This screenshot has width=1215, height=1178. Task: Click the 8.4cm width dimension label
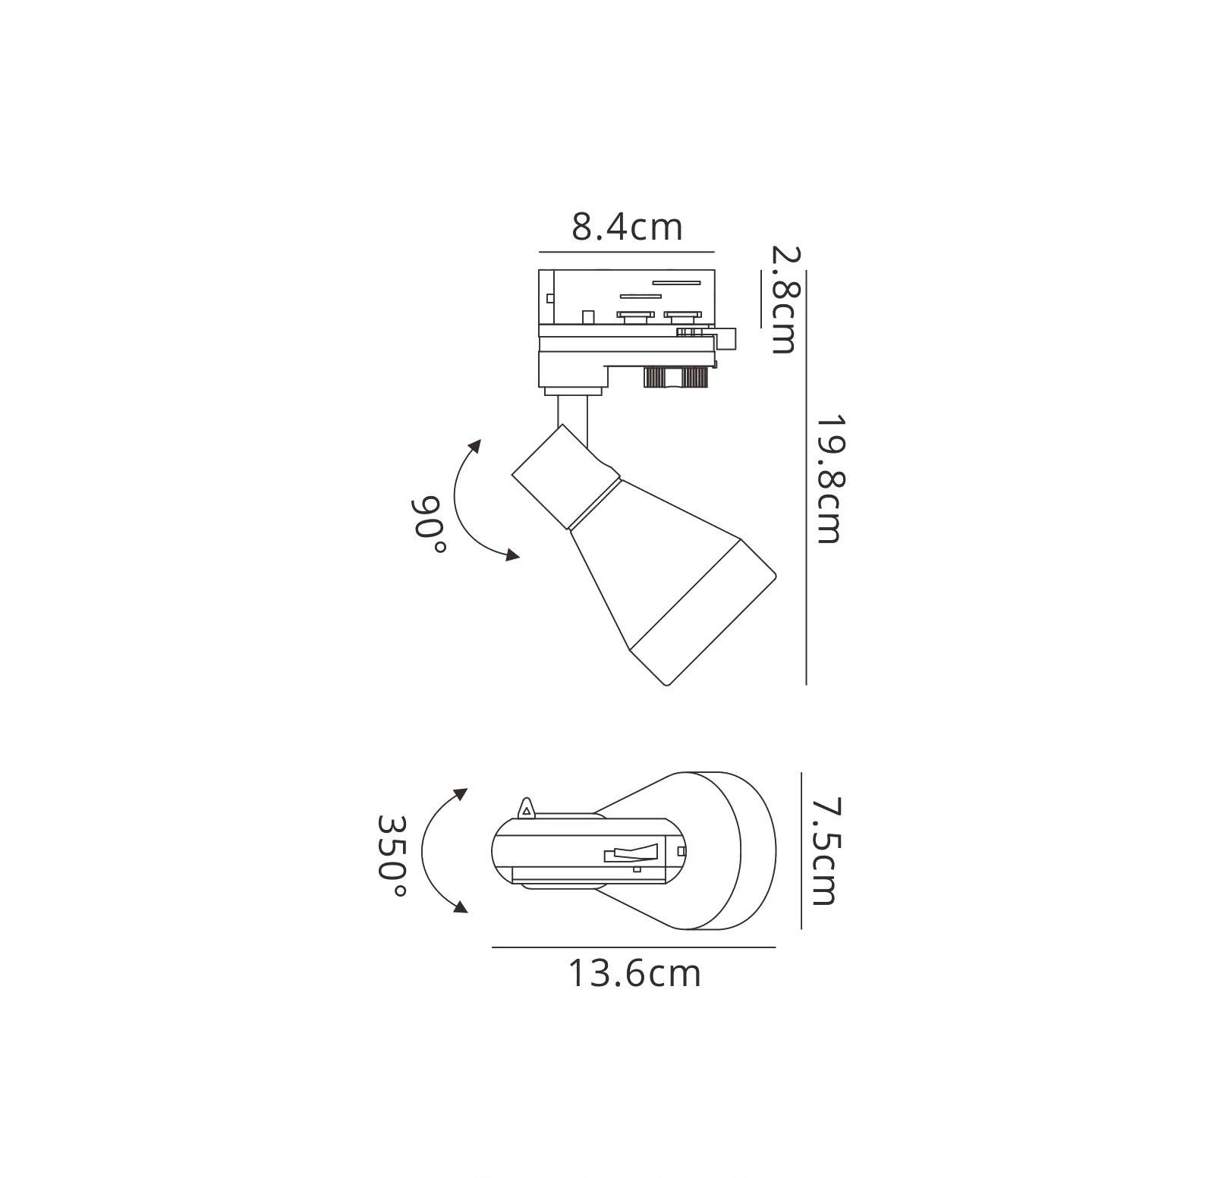627,226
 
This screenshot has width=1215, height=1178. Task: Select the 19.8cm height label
829,479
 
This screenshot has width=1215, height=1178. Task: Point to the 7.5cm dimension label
823,850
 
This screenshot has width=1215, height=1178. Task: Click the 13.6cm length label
634,973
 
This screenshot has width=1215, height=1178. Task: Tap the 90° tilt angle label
428,525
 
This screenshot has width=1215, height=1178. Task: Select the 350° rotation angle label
392,856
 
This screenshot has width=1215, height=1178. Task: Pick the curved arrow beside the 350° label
422,850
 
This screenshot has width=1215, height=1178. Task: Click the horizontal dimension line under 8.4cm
627,252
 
